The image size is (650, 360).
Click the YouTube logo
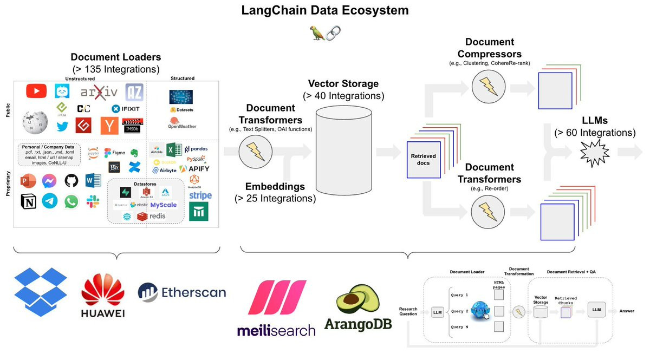(36, 91)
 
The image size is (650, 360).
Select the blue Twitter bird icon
(62, 126)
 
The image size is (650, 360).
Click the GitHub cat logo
(71, 180)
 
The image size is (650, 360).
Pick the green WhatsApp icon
(71, 201)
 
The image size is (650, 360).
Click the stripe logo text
(200, 195)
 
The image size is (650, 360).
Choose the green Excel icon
(174, 150)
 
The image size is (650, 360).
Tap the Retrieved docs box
(423, 159)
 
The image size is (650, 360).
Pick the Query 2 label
(460, 311)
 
